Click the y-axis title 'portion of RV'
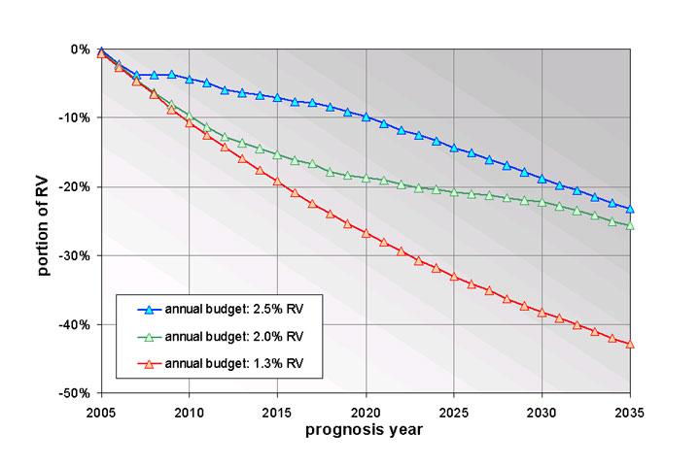point(45,220)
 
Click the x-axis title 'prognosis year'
point(366,429)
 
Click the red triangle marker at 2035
point(631,344)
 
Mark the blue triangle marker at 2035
point(631,209)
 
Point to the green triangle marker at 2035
point(631,225)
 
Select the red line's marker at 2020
point(366,233)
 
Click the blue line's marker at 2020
point(366,116)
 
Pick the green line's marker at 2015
point(277,154)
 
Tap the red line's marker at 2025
point(454,277)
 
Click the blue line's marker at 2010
point(189,79)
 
